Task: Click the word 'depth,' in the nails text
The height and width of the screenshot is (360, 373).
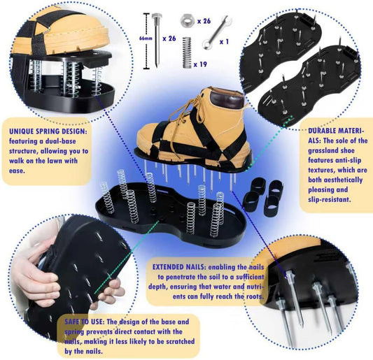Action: [166, 287]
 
